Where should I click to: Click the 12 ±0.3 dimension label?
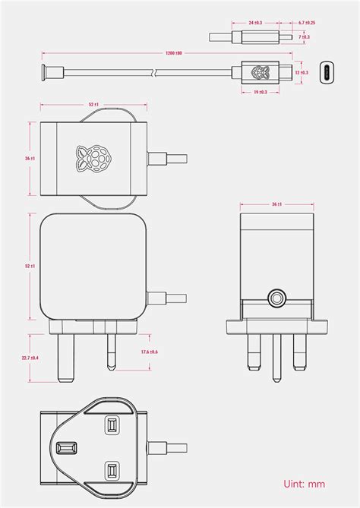[302, 73]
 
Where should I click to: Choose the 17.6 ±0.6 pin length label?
[149, 352]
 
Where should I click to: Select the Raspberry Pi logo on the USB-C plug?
[260, 73]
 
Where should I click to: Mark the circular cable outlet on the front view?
[276, 296]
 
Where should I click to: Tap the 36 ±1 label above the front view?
[276, 204]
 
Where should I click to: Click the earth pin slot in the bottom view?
[65, 447]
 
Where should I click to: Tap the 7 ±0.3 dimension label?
[305, 36]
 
